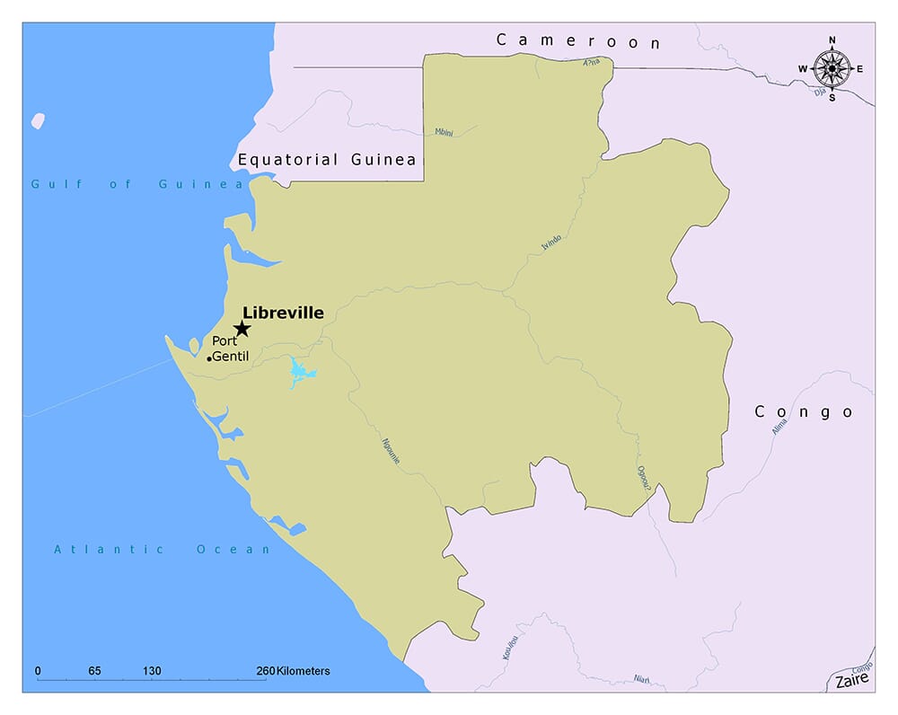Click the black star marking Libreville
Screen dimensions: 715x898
(x=242, y=329)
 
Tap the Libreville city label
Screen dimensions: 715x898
(x=283, y=313)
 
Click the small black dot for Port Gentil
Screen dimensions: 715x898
(x=209, y=358)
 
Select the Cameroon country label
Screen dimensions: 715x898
(x=578, y=41)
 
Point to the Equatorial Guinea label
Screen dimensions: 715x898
(x=327, y=160)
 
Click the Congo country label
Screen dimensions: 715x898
(x=803, y=412)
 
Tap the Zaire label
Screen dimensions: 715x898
(x=851, y=681)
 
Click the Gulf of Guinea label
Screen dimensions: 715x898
(x=137, y=184)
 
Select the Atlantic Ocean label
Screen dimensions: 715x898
(x=162, y=549)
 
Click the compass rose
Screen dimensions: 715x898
(x=832, y=68)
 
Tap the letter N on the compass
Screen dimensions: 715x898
(x=832, y=40)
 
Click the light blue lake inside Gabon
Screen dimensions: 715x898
(x=299, y=372)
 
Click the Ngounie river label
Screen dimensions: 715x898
(x=391, y=450)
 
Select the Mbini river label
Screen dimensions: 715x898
(x=444, y=132)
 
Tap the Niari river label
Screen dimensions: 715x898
(x=641, y=679)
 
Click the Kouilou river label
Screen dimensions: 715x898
(x=511, y=644)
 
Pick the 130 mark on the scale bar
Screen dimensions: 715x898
(x=151, y=671)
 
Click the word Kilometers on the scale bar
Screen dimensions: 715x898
(x=303, y=671)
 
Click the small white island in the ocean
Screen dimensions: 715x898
(x=37, y=120)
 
